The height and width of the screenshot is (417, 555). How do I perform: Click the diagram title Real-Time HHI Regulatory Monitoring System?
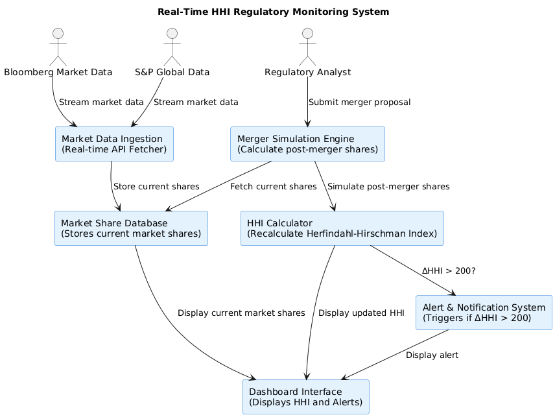coord(273,12)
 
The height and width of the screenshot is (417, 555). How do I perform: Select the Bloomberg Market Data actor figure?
coord(58,45)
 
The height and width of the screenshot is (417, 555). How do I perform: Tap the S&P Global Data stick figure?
coord(172,45)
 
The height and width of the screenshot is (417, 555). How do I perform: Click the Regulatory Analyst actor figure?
coord(307,45)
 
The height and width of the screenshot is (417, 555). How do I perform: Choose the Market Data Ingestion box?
coord(114,144)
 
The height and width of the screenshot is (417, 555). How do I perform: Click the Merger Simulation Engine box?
coord(307,144)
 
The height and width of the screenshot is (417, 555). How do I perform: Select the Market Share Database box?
coord(131,228)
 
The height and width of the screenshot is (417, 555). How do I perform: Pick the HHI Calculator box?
coord(342,228)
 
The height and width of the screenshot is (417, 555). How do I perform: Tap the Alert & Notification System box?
coord(484,313)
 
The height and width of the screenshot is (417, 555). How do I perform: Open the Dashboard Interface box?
coord(305,397)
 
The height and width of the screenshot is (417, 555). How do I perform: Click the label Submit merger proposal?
coord(359,102)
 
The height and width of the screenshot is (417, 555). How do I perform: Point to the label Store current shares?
coord(156,186)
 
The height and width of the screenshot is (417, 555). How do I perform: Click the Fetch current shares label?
coord(273,186)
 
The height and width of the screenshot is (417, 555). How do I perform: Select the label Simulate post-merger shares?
coord(388,186)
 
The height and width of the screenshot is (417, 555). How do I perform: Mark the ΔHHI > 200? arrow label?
coord(448,270)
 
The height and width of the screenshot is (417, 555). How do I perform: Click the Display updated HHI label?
coord(361,313)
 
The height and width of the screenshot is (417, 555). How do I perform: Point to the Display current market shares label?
coord(241,313)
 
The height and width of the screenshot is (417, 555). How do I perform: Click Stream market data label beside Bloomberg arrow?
coord(100,102)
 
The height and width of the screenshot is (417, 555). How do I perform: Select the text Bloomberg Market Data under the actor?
coord(58,72)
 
